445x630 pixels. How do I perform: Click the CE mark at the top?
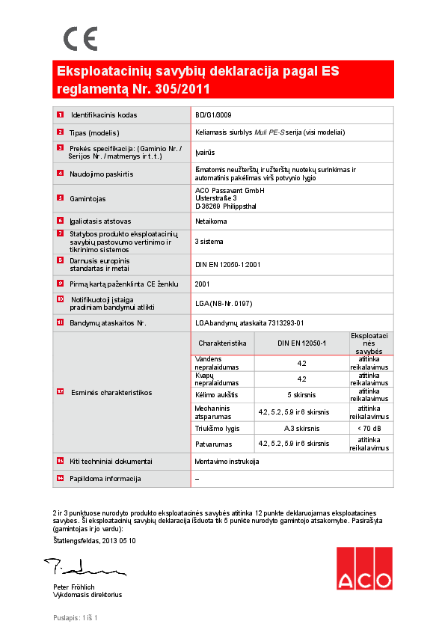pyautogui.click(x=80, y=38)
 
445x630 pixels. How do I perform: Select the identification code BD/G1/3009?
pyautogui.click(x=215, y=115)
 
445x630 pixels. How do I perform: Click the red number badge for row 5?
pyautogui.click(x=60, y=198)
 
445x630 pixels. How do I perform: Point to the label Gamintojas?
pyautogui.click(x=88, y=198)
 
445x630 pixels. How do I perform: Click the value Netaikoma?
pyautogui.click(x=211, y=221)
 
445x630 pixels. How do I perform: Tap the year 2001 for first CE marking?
pyautogui.click(x=202, y=284)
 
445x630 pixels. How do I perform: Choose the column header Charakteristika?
pyautogui.click(x=222, y=342)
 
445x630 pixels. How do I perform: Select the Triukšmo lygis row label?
pyautogui.click(x=217, y=428)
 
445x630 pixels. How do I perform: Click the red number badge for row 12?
pyautogui.click(x=60, y=392)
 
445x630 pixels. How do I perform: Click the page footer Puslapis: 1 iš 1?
pyautogui.click(x=76, y=617)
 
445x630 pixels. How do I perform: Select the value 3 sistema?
pyautogui.click(x=209, y=242)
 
